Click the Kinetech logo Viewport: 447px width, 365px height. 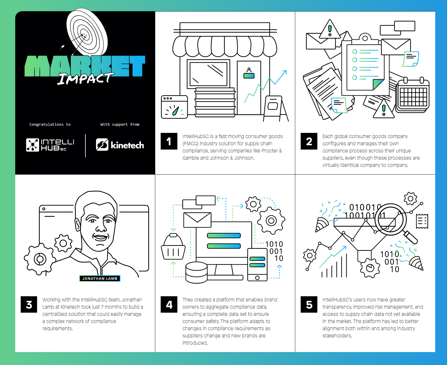pyautogui.click(x=120, y=145)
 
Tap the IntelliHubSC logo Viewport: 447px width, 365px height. pyautogui.click(x=50, y=145)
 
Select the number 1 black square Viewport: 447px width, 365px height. pyautogui.click(x=169, y=141)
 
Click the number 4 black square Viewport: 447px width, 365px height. pyautogui.click(x=169, y=304)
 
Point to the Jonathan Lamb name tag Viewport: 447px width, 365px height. pyautogui.click(x=100, y=278)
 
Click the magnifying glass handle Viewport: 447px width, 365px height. pyautogui.click(x=410, y=237)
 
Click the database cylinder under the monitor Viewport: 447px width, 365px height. pyautogui.click(x=196, y=273)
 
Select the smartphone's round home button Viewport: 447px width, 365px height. pyautogui.click(x=257, y=278)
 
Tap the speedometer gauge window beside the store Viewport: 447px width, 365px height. pyautogui.click(x=174, y=107)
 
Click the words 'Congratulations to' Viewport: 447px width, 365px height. pyautogui.click(x=50, y=125)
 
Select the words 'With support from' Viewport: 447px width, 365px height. pyautogui.click(x=120, y=125)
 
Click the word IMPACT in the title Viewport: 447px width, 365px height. pyautogui.click(x=85, y=78)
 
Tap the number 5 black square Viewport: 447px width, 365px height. pyautogui.click(x=309, y=304)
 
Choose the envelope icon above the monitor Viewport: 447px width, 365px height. pyautogui.click(x=197, y=220)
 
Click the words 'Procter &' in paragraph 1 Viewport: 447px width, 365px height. pyautogui.click(x=272, y=151)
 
